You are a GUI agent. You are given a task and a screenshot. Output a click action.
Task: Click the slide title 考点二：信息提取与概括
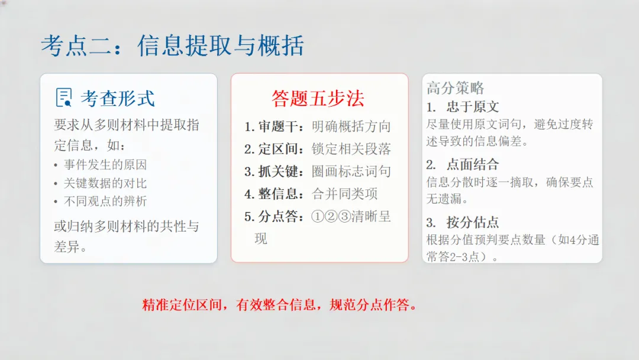pyautogui.click(x=172, y=46)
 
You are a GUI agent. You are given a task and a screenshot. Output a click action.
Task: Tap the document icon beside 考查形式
pyautogui.click(x=63, y=98)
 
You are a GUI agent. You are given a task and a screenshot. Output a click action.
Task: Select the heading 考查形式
pyautogui.click(x=118, y=98)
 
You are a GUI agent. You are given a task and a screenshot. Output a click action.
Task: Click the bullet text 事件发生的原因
pyautogui.click(x=105, y=165)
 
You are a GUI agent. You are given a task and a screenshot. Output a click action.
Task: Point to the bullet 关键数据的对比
pyautogui.click(x=105, y=183)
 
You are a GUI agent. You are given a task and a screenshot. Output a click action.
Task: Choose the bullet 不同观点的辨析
pyautogui.click(x=105, y=201)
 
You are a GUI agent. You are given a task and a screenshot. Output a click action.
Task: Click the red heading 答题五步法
pyautogui.click(x=318, y=98)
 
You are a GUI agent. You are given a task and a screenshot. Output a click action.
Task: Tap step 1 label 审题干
pyautogui.click(x=280, y=127)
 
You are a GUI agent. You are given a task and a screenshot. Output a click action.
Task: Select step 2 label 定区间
pyautogui.click(x=280, y=149)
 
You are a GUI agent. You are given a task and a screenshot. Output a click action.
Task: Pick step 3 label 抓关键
pyautogui.click(x=280, y=172)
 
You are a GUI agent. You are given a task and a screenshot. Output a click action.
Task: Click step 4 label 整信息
pyautogui.click(x=280, y=194)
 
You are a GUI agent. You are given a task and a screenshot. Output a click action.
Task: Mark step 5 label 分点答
pyautogui.click(x=280, y=217)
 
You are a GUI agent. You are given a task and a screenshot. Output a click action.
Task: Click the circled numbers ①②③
pyautogui.click(x=331, y=217)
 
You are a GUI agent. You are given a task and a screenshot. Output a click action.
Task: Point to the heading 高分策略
pyautogui.click(x=456, y=88)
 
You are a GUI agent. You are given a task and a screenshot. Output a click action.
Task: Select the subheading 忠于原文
pyautogui.click(x=473, y=107)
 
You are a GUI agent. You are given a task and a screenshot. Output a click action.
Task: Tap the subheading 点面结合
pyautogui.click(x=473, y=165)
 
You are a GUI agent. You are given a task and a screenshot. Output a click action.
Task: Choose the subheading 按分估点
pyautogui.click(x=473, y=223)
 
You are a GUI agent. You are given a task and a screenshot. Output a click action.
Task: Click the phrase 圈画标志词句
pyautogui.click(x=351, y=172)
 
